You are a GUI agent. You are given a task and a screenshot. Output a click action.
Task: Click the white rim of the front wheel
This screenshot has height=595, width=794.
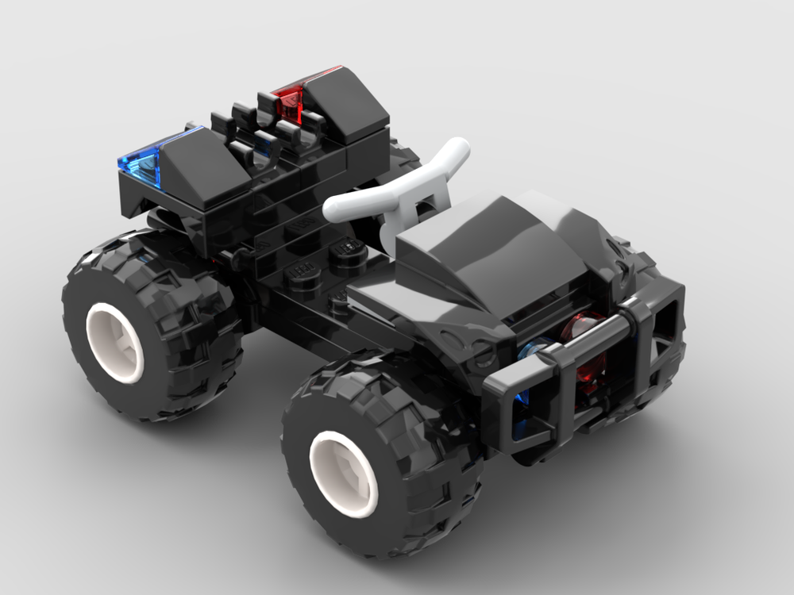click(344, 473)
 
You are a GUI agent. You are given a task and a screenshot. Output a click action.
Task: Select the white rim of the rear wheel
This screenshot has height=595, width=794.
click(115, 341)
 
